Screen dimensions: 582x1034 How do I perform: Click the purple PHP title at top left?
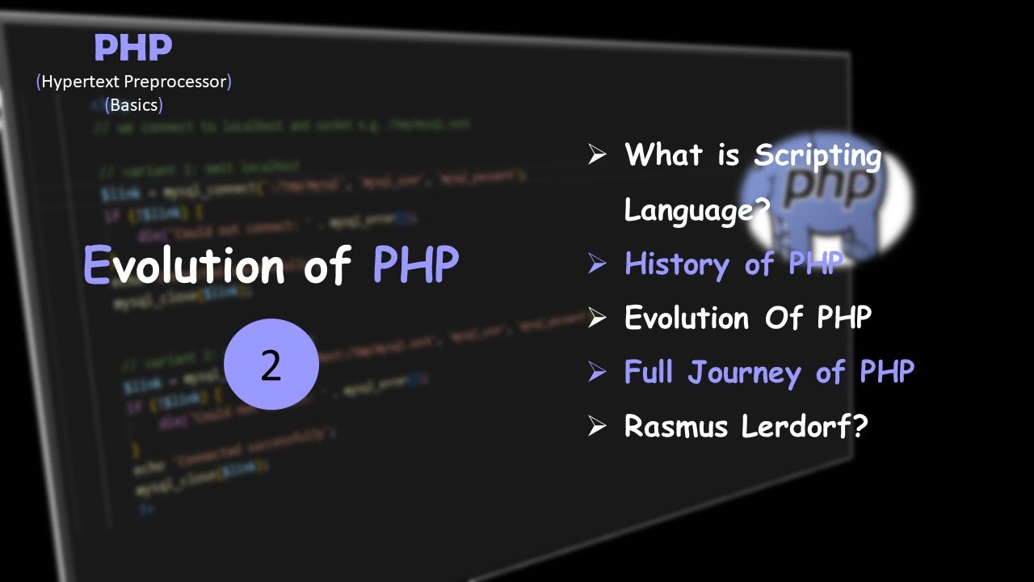pyautogui.click(x=133, y=48)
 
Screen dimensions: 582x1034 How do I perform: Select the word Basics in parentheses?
pyautogui.click(x=134, y=104)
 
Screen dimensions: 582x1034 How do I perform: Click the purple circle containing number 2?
pyautogui.click(x=271, y=365)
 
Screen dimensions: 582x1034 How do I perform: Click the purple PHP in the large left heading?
pyautogui.click(x=415, y=264)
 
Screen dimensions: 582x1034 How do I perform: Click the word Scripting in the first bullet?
pyautogui.click(x=818, y=155)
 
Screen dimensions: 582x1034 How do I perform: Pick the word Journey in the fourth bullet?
pyautogui.click(x=746, y=373)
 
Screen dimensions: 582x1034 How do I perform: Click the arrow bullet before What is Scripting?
pyautogui.click(x=597, y=154)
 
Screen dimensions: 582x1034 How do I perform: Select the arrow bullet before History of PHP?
pyautogui.click(x=597, y=264)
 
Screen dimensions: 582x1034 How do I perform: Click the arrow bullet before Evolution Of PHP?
pyautogui.click(x=597, y=318)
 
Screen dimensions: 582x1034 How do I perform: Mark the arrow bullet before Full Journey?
pyautogui.click(x=597, y=372)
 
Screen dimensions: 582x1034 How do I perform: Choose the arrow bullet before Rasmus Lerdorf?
pyautogui.click(x=597, y=426)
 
